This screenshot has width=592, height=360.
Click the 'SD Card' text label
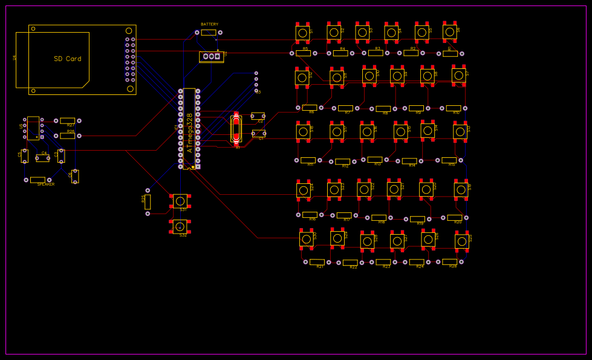coord(67,59)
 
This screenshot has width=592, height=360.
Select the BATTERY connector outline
coord(208,32)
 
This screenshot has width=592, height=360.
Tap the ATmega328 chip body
coord(189,128)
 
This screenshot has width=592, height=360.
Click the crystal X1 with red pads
coord(236,129)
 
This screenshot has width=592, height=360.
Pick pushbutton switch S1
coord(302,33)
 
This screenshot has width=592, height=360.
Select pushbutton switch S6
coord(449,31)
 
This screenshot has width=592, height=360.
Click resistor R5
coord(303,53)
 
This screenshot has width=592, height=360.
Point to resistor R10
coord(453,108)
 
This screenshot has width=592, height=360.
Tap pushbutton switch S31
coord(180,200)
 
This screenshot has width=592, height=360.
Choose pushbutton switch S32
coord(180,226)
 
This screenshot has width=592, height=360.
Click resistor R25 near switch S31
coord(148,201)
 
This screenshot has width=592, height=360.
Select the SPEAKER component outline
coord(37,180)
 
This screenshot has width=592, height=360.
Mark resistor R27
coord(67,120)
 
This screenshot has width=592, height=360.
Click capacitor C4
coord(42,158)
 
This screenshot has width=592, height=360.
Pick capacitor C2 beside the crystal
coord(258,116)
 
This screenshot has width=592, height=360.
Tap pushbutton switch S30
coord(307,238)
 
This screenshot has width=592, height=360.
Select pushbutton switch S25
coord(461,241)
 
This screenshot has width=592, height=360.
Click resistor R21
coord(317,262)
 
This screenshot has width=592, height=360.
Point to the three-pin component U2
coord(210,56)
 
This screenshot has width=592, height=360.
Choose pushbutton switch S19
coord(461,189)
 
